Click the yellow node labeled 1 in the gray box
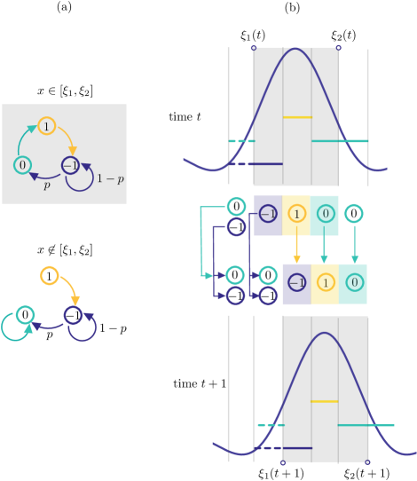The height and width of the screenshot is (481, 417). coord(47,126)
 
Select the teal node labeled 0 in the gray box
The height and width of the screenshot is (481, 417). coord(22,165)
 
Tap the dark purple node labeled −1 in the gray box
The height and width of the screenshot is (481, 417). coord(71,165)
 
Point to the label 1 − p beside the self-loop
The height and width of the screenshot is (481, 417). coord(110,178)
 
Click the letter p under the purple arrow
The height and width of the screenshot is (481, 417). coord(47,185)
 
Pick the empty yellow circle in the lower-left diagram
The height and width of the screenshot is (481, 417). coord(50,275)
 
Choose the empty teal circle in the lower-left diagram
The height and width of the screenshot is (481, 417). coord(26,314)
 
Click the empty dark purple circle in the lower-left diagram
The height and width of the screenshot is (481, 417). coord(73,314)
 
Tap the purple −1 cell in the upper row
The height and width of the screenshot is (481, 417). coord(268,215)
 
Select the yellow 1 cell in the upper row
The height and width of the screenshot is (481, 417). coord(296,215)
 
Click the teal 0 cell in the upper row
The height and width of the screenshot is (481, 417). coord(325,215)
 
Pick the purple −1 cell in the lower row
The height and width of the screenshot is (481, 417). coord(296,284)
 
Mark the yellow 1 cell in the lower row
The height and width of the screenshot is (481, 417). coord(325,284)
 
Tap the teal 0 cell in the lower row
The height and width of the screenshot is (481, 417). coord(353,284)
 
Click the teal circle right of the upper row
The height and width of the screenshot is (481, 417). coord(353,214)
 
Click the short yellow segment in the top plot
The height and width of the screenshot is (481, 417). coord(297,117)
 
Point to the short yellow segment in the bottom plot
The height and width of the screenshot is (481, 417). coord(325,401)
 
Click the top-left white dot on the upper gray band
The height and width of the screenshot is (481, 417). coord(254,48)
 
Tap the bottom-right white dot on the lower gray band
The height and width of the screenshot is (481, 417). coord(367,461)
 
